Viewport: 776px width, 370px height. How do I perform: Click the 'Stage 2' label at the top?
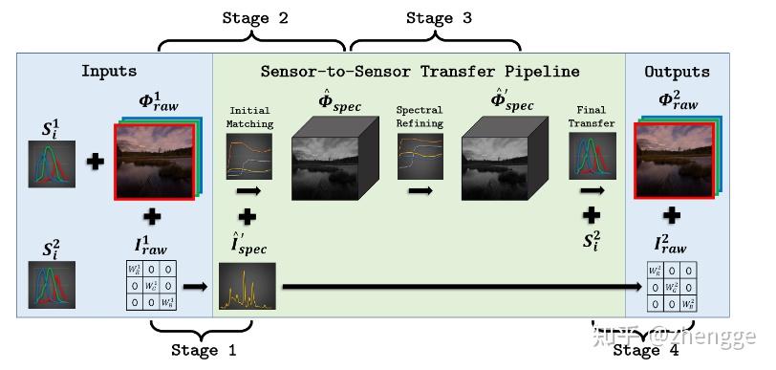254,18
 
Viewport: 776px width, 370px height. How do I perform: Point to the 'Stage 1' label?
202,351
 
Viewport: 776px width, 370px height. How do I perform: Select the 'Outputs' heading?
677,71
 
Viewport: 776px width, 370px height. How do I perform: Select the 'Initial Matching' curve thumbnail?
249,155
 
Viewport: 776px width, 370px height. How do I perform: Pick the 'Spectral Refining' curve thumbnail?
420,155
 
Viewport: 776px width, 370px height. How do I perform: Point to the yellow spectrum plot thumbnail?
247,285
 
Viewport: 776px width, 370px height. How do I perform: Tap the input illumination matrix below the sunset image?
150,285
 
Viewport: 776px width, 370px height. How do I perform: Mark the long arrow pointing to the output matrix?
459,285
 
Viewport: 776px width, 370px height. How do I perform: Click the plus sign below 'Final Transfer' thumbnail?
592,213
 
